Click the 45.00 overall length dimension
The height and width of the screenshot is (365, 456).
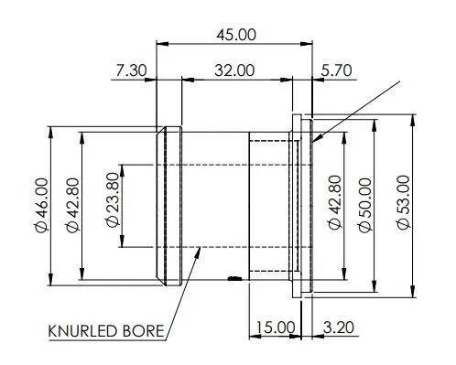236,35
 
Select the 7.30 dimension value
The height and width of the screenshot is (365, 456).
131,70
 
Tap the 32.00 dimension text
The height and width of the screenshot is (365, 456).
234,70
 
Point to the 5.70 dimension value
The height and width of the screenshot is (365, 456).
336,70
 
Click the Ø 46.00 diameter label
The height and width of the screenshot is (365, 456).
41,205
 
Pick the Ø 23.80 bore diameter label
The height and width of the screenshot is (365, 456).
112,199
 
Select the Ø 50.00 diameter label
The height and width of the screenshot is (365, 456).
364,205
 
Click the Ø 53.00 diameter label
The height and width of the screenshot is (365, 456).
404,202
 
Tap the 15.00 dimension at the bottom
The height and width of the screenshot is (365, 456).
276,327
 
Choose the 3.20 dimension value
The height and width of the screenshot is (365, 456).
339,327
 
